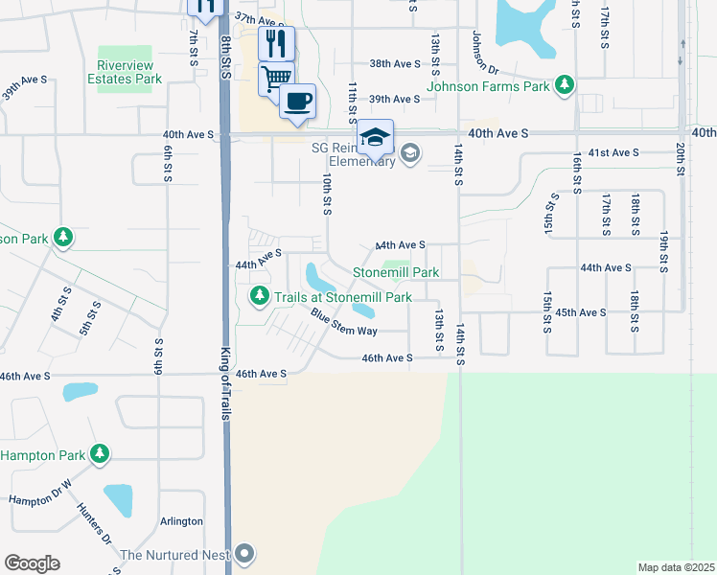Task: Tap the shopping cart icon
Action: point(277,76)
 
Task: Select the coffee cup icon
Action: point(298,101)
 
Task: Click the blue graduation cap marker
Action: point(376,137)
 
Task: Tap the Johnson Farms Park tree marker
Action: point(566,86)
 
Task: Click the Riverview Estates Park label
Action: point(125,72)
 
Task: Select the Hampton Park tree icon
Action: point(100,453)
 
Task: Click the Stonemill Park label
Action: point(396,273)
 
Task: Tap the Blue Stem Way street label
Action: point(343,326)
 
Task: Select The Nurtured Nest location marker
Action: point(245,554)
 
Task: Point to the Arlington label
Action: point(181,521)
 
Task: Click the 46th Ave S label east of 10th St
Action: point(386,358)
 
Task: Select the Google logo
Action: point(32,563)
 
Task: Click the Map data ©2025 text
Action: point(677,567)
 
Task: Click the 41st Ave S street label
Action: point(613,153)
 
